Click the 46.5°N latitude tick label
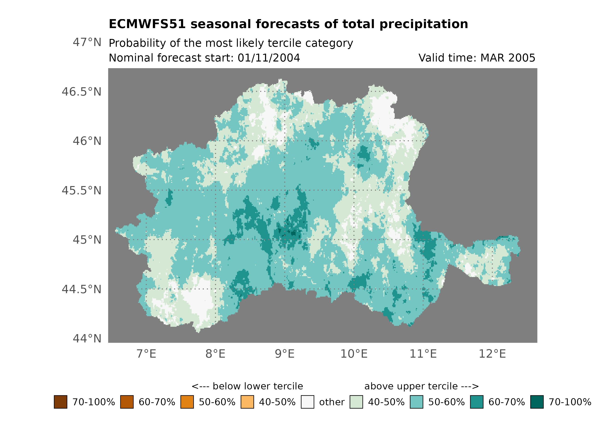[81, 92]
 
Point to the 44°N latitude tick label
[87, 339]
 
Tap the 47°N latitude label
[87, 42]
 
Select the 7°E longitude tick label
[146, 354]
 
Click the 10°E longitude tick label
[354, 354]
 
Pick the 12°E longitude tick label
[492, 354]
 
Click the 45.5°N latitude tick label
[81, 190]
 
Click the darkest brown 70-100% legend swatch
[60, 402]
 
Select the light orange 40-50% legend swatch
[247, 402]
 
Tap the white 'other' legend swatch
[307, 402]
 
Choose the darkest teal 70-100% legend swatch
[537, 402]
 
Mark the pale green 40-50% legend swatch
[356, 402]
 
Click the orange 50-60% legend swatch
[187, 402]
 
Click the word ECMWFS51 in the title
[147, 24]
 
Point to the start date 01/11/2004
[269, 58]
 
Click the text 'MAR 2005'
[508, 58]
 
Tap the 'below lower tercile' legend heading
[247, 386]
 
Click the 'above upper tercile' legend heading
[421, 386]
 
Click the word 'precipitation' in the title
[424, 24]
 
